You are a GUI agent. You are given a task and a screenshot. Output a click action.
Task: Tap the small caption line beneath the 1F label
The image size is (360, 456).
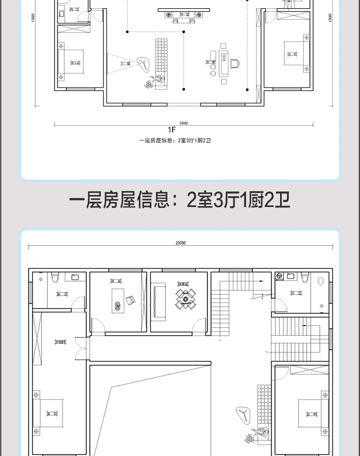175,140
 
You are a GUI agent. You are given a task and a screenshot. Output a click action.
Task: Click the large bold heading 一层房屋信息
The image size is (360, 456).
180,201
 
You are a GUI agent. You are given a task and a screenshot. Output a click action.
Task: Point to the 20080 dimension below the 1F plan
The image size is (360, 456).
184,123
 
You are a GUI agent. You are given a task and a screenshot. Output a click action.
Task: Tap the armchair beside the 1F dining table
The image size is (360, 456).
235,63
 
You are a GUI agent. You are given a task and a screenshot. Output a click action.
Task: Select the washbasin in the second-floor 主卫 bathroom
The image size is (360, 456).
74,276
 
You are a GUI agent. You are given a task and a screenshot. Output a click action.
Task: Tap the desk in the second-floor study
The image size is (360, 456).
118,300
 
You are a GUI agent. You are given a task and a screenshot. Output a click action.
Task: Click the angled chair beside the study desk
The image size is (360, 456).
130,300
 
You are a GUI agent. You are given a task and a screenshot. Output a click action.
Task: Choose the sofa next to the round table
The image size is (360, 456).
159,301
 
